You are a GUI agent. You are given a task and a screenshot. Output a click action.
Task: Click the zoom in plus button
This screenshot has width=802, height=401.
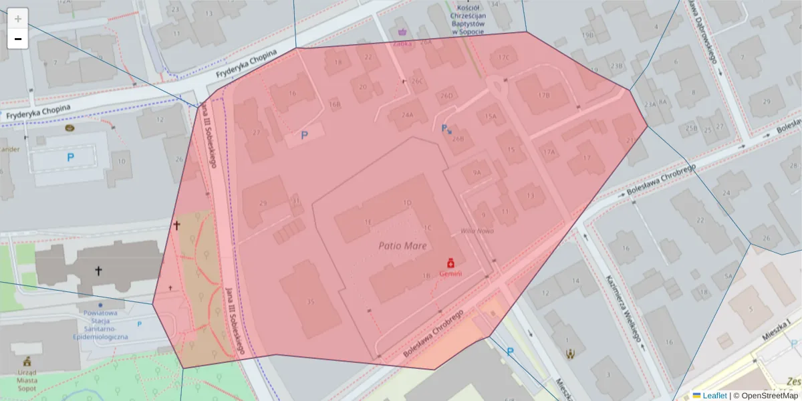coord(18,19)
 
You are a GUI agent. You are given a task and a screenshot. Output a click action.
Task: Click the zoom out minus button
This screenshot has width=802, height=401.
coord(18,39)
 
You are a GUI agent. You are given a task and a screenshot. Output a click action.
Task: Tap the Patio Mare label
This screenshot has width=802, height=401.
coord(402,246)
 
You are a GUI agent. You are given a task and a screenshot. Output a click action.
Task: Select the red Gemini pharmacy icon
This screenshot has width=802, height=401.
coord(450,263)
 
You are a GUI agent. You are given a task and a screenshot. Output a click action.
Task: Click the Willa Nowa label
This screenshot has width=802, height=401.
coord(477,231)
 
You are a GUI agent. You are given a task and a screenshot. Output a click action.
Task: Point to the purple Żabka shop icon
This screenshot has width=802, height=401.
coord(402,31)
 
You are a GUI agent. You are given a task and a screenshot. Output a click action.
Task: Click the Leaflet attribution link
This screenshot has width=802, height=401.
coord(714,396)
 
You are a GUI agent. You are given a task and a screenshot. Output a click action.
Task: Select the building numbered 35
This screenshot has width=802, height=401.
coord(309,301)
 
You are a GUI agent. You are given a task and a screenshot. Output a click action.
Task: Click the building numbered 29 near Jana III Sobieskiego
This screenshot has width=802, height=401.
coord(263,203)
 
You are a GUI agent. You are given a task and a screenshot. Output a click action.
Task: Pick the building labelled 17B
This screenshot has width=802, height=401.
coord(543,95)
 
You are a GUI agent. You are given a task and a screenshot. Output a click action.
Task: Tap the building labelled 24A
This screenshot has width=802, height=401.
coord(407,114)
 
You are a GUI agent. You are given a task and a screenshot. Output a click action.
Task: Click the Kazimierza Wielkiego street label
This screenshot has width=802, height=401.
coord(624,308)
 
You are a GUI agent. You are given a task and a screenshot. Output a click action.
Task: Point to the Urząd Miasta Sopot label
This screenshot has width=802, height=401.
coord(27,380)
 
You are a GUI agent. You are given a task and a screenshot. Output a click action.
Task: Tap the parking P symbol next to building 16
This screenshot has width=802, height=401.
coord(305,135)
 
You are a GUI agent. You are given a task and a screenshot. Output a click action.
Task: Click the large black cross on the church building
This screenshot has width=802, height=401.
coord(98,271)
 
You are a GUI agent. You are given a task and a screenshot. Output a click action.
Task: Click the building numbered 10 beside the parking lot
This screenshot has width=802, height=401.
coord(121,161)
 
